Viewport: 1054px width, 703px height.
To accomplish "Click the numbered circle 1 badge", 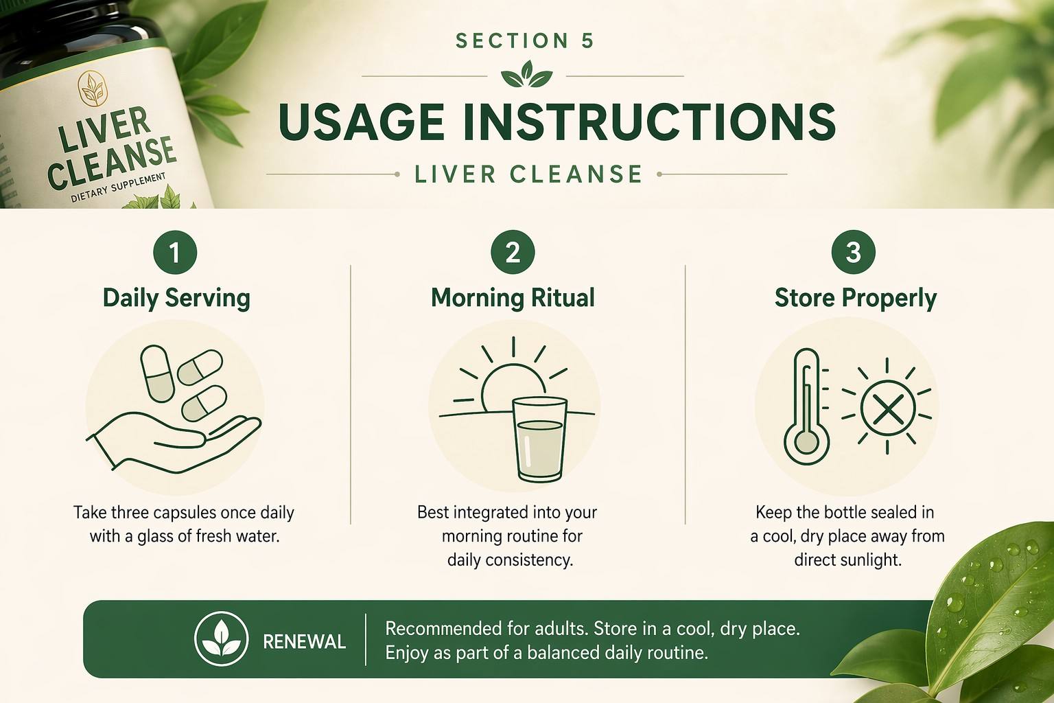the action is (x=175, y=253).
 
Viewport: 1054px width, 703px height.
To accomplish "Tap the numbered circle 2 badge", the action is (x=513, y=253).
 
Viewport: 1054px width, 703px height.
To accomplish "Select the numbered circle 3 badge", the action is (x=853, y=253).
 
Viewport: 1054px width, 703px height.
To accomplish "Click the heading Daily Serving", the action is (x=176, y=299).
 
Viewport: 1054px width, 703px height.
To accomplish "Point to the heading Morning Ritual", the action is (x=513, y=298).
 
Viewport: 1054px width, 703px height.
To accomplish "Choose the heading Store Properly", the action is (x=856, y=299).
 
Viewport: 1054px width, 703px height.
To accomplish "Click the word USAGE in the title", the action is (x=362, y=122).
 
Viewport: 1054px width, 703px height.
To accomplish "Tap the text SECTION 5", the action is (x=525, y=41).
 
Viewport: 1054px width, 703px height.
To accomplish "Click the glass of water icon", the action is (x=539, y=439).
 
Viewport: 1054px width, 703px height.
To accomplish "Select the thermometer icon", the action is (x=806, y=407).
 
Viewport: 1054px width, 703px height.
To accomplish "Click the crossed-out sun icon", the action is (x=887, y=407).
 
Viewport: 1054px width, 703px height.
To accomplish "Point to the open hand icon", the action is (x=174, y=443).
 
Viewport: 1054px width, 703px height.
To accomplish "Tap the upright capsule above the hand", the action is (x=157, y=374).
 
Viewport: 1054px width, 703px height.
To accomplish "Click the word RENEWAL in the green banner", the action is (x=305, y=642).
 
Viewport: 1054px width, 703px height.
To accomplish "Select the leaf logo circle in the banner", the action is (x=221, y=639).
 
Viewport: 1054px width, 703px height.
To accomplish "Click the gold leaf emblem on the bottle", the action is (x=92, y=88).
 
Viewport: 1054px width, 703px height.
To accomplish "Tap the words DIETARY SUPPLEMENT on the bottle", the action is (x=118, y=187).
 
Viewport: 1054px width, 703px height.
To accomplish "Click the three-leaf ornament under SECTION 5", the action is (x=526, y=74).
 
